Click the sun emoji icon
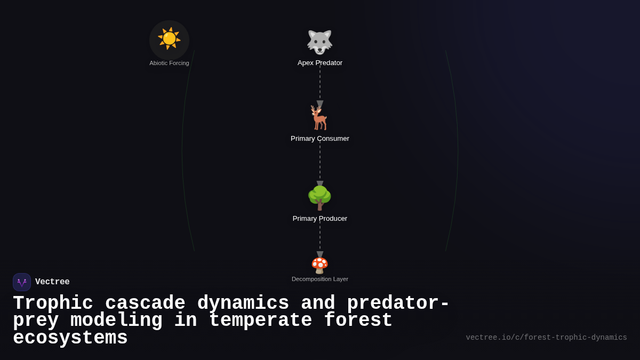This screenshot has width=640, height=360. coord(169,39)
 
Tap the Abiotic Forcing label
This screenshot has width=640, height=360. coord(169,63)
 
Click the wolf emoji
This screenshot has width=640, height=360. coord(319,42)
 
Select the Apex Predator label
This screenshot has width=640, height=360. coord(320,63)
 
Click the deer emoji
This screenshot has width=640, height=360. coord(319,118)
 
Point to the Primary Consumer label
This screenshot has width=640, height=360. coord(320,139)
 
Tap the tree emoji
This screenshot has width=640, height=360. coord(319,198)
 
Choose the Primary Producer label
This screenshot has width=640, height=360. coord(320,219)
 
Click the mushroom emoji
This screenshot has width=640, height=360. coord(319,265)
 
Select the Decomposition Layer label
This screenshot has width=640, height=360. coord(320,279)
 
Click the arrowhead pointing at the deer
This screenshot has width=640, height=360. coord(320,104)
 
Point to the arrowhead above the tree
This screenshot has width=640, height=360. coord(320,184)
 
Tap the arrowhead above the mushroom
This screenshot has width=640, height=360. coord(320,254)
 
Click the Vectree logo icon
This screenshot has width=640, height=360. coord(22,282)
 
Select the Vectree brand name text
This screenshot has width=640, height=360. coord(52,282)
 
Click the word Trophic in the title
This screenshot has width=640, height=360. coord(53,303)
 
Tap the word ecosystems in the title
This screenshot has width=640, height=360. coord(70,338)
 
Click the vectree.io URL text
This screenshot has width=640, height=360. coord(546,338)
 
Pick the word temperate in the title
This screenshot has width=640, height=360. coord(260,321)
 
